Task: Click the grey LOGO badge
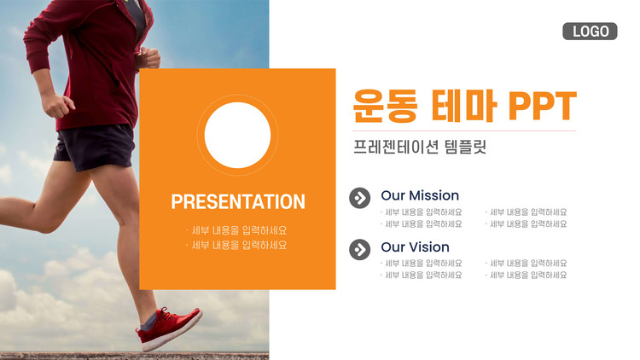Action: [x=590, y=32]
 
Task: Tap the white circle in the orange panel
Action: [x=237, y=135]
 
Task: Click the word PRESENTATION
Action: [x=238, y=201]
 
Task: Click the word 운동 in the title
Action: [x=386, y=106]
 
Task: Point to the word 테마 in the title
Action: [x=463, y=106]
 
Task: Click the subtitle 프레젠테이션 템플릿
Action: [x=420, y=147]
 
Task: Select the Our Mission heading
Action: [x=420, y=195]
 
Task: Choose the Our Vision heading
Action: [x=415, y=247]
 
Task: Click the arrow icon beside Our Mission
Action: [x=360, y=198]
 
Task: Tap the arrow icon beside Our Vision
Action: [x=360, y=249]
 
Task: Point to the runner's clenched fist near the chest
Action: [x=148, y=58]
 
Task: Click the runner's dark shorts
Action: [x=95, y=147]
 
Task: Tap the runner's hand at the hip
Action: [x=57, y=105]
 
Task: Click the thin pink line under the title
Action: [x=464, y=131]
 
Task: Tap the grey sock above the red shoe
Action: [x=149, y=322]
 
